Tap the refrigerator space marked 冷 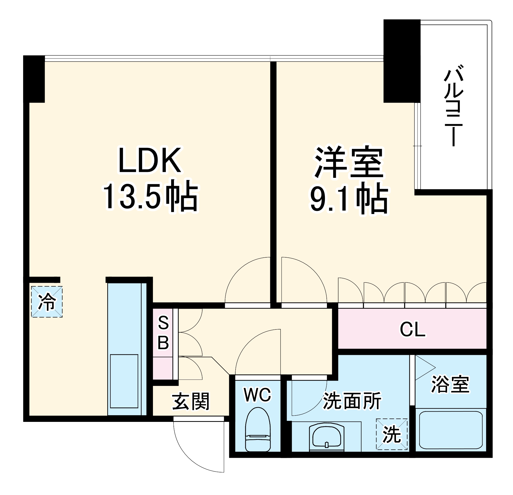(47, 302)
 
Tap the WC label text (258, 394)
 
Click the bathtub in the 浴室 (451, 431)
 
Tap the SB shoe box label (163, 333)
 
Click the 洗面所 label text (352, 401)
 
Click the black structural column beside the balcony (402, 61)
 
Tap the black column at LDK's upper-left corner (34, 79)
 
